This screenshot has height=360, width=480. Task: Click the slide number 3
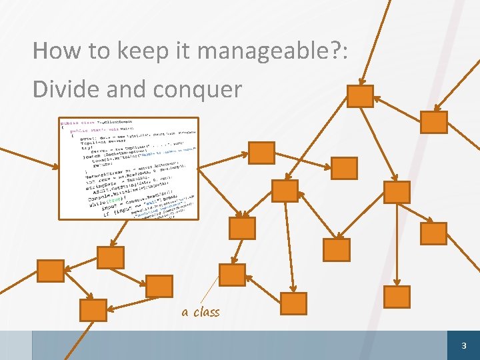[465, 346]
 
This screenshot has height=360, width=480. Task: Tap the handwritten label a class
[200, 311]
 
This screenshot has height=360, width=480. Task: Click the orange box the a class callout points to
[232, 275]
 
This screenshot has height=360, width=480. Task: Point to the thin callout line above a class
[209, 292]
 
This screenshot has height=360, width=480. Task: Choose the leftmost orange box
[49, 271]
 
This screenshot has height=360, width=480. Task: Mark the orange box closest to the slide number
[399, 297]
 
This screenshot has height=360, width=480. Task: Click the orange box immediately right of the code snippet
[261, 153]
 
